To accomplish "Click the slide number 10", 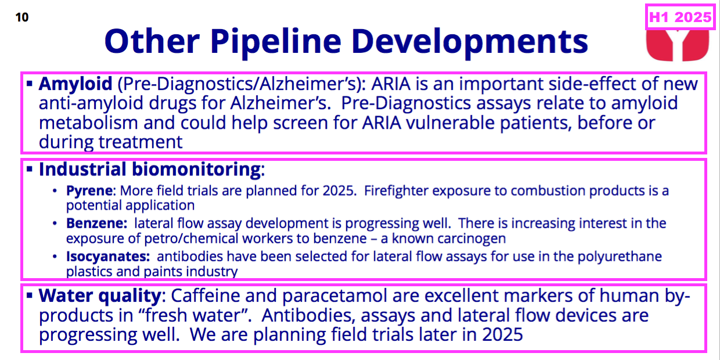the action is point(22,17).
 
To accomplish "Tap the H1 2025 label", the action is point(680,17).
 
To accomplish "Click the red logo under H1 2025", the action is point(678,45).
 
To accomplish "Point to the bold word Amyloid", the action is point(75,84).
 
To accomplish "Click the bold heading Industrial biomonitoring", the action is point(150,170).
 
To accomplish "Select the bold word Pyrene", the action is point(89,191).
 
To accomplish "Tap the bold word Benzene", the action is point(97,224).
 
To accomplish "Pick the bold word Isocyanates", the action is point(108,257).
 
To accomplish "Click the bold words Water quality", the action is point(100,296).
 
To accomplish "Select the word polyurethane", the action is point(620,257).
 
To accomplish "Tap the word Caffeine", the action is point(206,296).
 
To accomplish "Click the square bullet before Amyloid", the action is point(30,84).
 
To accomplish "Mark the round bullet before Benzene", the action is point(55,224).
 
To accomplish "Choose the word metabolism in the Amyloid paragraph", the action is point(88,123).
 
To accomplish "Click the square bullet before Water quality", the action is point(30,296).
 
